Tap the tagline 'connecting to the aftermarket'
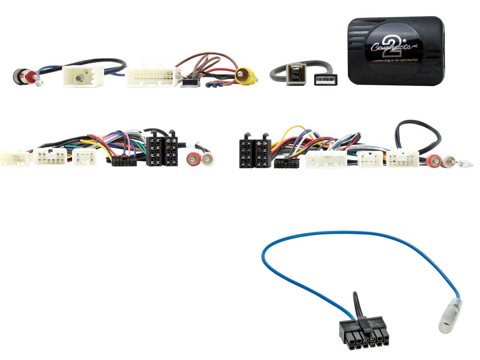(395, 60)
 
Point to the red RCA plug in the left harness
(193, 159)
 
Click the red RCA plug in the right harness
(433, 161)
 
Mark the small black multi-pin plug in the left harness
(124, 161)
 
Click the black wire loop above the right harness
(418, 132)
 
